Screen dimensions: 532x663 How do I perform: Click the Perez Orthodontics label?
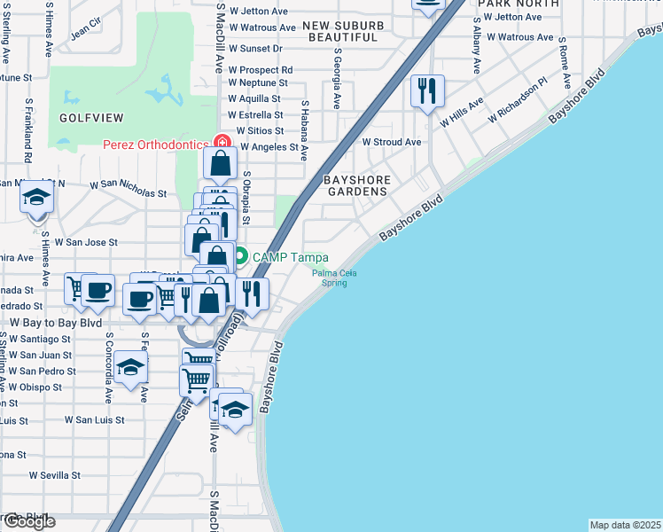point(155,144)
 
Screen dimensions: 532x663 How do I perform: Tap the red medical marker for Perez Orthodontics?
point(220,144)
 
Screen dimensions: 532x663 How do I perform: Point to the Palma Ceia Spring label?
point(334,278)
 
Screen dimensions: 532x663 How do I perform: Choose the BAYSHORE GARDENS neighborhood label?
point(356,185)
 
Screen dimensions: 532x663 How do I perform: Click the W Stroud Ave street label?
point(391,142)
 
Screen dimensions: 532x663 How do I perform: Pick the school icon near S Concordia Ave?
point(130,368)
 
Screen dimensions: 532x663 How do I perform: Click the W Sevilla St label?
point(59,475)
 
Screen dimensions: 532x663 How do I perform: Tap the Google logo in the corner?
point(28,521)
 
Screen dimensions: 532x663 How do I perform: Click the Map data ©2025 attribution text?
point(625,525)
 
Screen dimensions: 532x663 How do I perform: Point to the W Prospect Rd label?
point(260,69)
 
